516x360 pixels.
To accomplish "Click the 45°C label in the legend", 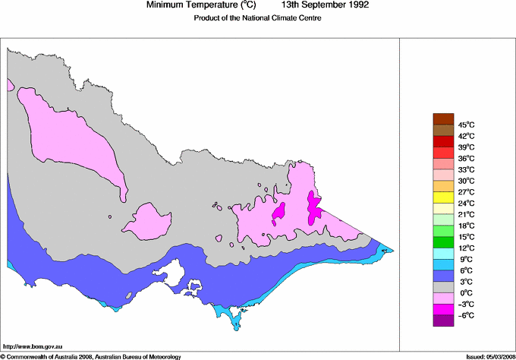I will click(x=465, y=125).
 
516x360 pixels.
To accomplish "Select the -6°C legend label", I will click(x=465, y=315).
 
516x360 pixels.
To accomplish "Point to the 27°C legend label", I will click(x=465, y=192).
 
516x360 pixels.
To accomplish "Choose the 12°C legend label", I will click(x=465, y=248).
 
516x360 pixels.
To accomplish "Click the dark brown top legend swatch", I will click(x=442, y=118).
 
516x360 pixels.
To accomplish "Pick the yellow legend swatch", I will click(x=442, y=197).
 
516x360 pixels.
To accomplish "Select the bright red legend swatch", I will click(x=442, y=141).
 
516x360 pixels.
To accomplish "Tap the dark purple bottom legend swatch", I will click(x=442, y=321).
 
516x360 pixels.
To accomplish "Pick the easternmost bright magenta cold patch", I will click(x=313, y=209).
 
